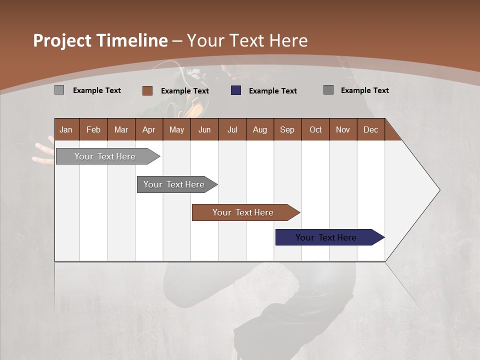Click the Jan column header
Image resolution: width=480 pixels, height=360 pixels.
(x=66, y=129)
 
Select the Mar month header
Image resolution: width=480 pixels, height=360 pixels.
(x=121, y=129)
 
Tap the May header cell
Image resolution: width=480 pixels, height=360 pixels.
(x=176, y=129)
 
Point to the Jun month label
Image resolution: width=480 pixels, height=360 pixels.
(x=204, y=129)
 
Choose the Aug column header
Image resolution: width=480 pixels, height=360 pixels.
(x=259, y=129)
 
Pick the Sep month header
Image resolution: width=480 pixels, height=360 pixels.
(x=287, y=129)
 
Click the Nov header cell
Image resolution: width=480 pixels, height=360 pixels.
(x=342, y=129)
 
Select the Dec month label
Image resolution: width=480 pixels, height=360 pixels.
(x=370, y=129)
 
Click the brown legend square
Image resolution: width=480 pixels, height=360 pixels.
(x=147, y=90)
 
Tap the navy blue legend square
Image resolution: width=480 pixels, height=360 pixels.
(x=236, y=90)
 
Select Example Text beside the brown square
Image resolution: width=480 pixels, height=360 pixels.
(x=184, y=91)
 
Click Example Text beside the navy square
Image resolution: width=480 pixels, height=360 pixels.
(x=272, y=91)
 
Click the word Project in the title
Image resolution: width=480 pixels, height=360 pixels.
(x=62, y=40)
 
